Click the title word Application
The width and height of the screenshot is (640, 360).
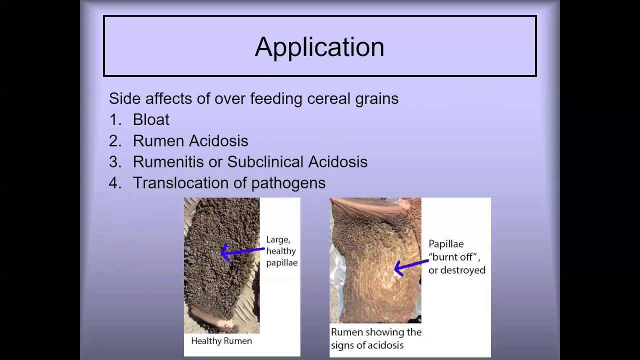tap(319, 47)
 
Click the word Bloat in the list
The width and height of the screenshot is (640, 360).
tap(151, 119)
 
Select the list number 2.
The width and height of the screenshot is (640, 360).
tap(114, 141)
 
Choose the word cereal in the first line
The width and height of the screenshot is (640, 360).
tap(330, 98)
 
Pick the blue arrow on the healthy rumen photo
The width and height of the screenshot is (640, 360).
tap(242, 251)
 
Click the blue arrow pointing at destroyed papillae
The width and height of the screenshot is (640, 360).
tap(411, 265)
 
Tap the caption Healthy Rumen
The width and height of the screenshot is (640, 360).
tap(221, 341)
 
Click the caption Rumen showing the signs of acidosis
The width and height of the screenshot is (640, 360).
tap(376, 338)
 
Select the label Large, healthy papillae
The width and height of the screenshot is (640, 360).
tap(281, 251)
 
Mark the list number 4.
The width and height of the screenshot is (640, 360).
tap(114, 183)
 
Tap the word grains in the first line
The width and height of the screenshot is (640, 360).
tap(378, 98)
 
